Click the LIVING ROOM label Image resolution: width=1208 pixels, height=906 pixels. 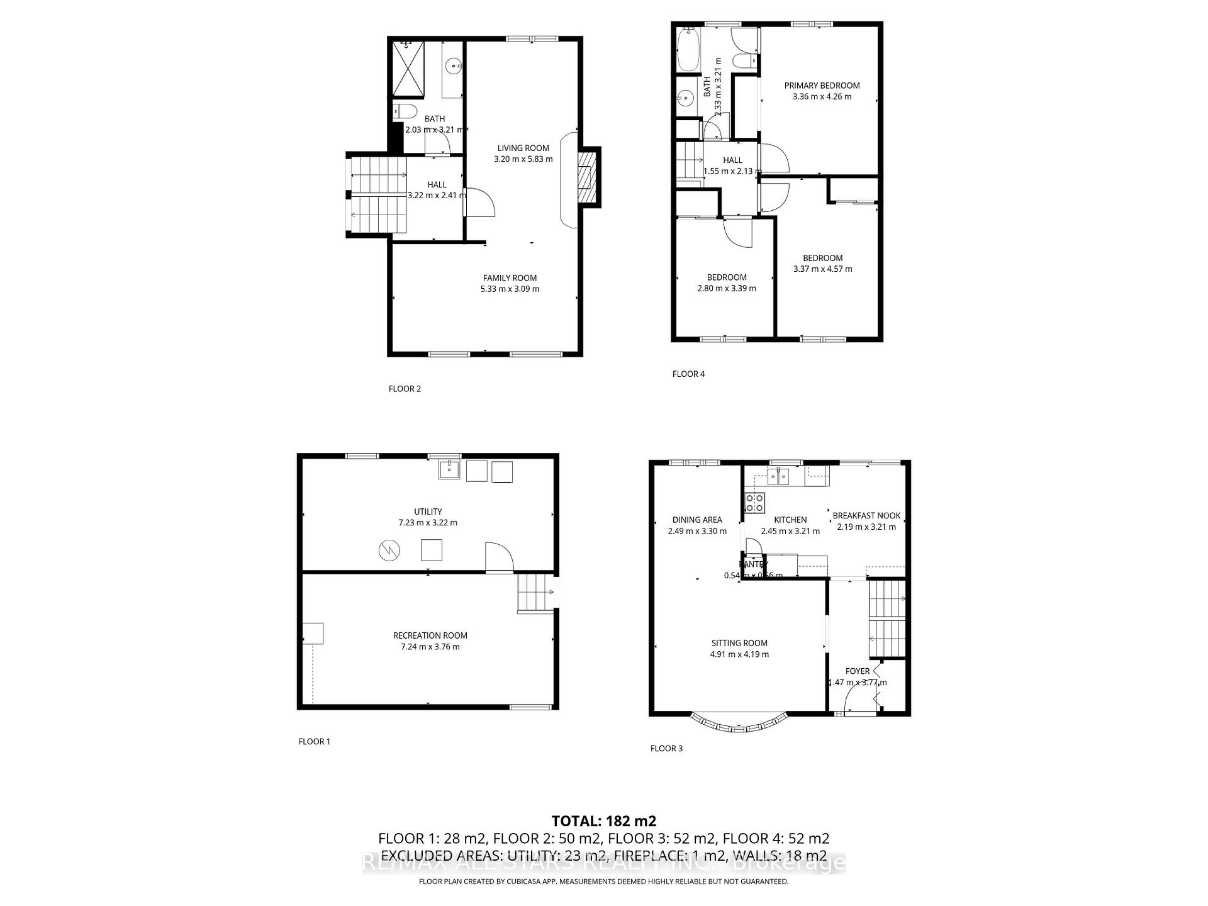523,148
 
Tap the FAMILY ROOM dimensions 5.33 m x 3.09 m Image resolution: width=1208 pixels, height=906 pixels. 510,289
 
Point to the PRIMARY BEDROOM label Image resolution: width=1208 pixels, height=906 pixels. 822,86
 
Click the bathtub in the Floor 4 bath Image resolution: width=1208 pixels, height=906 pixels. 685,50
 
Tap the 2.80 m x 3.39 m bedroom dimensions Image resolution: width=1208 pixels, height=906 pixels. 727,289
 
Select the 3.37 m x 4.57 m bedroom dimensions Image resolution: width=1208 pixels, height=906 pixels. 822,269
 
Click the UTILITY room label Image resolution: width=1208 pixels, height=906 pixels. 428,512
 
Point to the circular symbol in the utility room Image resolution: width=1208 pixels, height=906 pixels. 389,551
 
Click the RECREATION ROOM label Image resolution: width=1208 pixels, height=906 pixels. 430,635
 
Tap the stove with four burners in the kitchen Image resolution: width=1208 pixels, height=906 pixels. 754,501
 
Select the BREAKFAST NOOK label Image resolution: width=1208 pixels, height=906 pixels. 866,516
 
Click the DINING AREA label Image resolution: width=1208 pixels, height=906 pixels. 697,520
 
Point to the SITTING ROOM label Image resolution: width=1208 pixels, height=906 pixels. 739,643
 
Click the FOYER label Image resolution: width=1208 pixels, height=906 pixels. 858,671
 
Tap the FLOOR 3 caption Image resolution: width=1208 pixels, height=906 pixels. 666,749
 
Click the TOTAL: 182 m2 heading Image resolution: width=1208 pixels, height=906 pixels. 603,821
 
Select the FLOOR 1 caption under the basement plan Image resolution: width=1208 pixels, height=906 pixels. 314,742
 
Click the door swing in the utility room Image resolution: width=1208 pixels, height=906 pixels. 500,557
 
